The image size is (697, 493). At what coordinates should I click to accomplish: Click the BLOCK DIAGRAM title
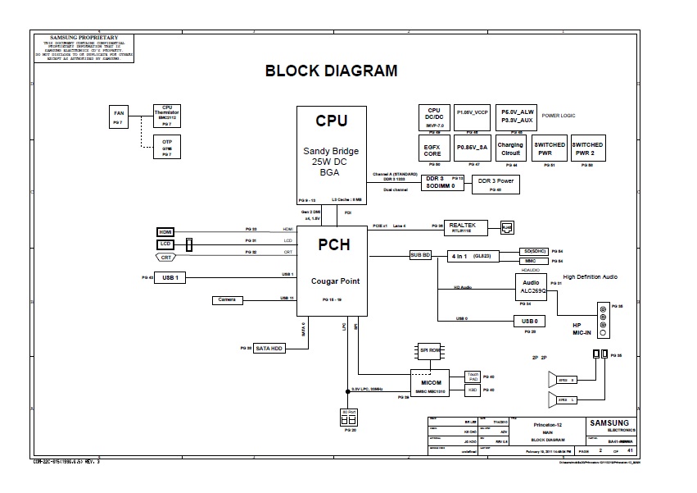click(x=331, y=71)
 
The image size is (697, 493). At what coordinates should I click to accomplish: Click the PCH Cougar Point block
click(x=331, y=271)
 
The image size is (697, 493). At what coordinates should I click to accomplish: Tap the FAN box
click(x=118, y=116)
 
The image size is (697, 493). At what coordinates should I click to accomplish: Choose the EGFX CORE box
click(x=432, y=148)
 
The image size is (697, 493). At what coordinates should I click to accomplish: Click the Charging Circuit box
click(x=510, y=148)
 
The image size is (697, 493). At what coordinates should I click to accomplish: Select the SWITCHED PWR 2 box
click(x=587, y=148)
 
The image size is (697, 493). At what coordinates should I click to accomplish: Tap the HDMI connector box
click(x=166, y=232)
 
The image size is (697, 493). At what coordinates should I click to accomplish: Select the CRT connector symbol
click(x=166, y=257)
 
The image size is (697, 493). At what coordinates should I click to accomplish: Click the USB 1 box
click(x=171, y=278)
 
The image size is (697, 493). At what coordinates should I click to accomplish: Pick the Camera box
click(x=227, y=300)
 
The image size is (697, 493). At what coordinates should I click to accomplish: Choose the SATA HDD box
click(x=269, y=349)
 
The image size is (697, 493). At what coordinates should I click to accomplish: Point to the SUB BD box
click(x=420, y=255)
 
